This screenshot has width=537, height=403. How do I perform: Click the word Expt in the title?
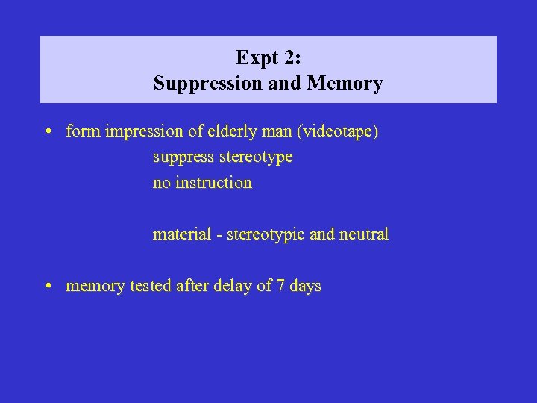pos(255,58)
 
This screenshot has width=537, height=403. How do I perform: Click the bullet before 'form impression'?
pos(47,133)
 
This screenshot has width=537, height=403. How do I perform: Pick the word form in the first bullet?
pos(84,132)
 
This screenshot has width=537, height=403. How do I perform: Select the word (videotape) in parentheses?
pos(338,133)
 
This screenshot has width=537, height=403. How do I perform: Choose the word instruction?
pos(213,183)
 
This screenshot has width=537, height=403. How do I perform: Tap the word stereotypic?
pos(266,235)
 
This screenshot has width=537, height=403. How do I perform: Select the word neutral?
pos(364,234)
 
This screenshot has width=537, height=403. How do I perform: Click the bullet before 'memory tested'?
pos(47,287)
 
